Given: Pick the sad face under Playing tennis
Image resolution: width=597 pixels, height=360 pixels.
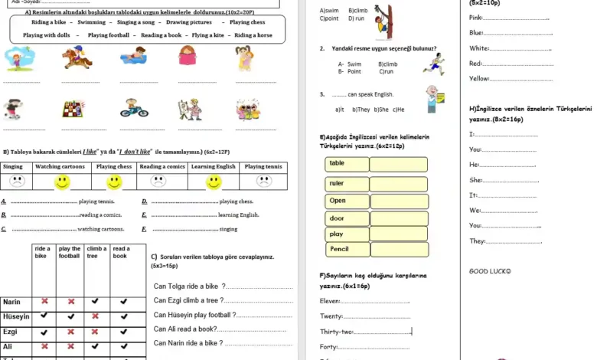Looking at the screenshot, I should (x=264, y=182).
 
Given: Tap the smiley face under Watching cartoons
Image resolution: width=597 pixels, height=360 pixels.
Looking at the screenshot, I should (x=63, y=182).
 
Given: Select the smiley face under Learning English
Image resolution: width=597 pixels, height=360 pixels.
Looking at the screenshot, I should (x=214, y=182).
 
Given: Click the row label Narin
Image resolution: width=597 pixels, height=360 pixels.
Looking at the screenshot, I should (x=12, y=302).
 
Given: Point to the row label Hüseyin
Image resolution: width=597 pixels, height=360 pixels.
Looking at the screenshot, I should (x=15, y=316).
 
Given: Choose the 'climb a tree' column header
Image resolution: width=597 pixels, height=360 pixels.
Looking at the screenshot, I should (x=96, y=253).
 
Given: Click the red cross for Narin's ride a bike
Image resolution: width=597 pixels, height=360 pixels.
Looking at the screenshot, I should (x=44, y=302).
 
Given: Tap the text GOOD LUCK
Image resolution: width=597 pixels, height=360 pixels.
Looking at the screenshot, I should (x=490, y=271).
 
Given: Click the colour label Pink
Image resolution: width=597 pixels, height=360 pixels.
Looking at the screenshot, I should (x=476, y=17).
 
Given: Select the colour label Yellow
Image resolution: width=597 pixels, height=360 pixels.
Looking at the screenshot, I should (x=479, y=78).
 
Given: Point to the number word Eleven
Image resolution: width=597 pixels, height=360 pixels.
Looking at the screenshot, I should (x=331, y=301).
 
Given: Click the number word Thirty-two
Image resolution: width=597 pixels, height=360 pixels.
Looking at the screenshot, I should (x=337, y=332).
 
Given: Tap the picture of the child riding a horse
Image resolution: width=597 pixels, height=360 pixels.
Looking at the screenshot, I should (x=77, y=58).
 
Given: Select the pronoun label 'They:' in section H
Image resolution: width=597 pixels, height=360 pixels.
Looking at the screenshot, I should (x=478, y=241).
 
